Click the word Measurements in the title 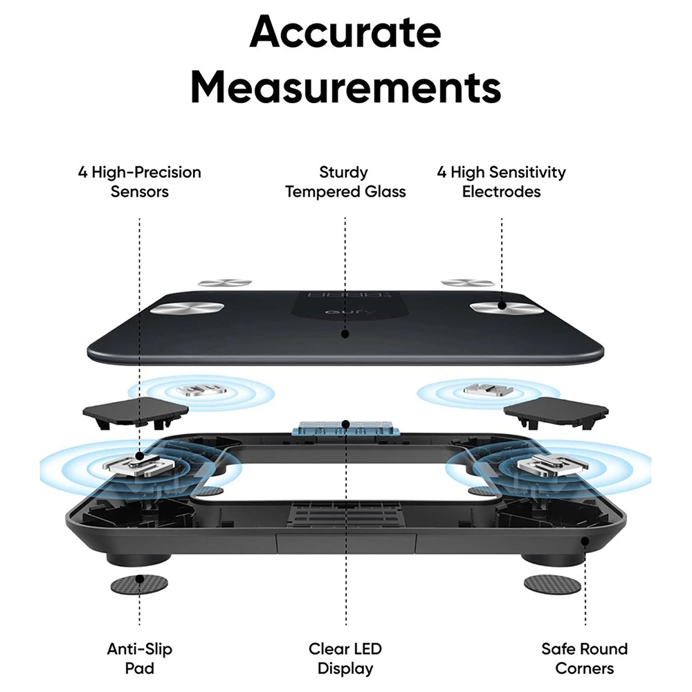[345, 88]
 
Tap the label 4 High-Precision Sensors [139, 181]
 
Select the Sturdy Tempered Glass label [345, 181]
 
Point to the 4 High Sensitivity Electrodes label [501, 181]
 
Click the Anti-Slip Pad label [139, 658]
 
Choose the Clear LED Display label [345, 658]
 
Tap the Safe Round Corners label [585, 658]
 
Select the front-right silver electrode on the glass [500, 307]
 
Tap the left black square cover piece [136, 414]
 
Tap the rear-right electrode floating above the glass [468, 282]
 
